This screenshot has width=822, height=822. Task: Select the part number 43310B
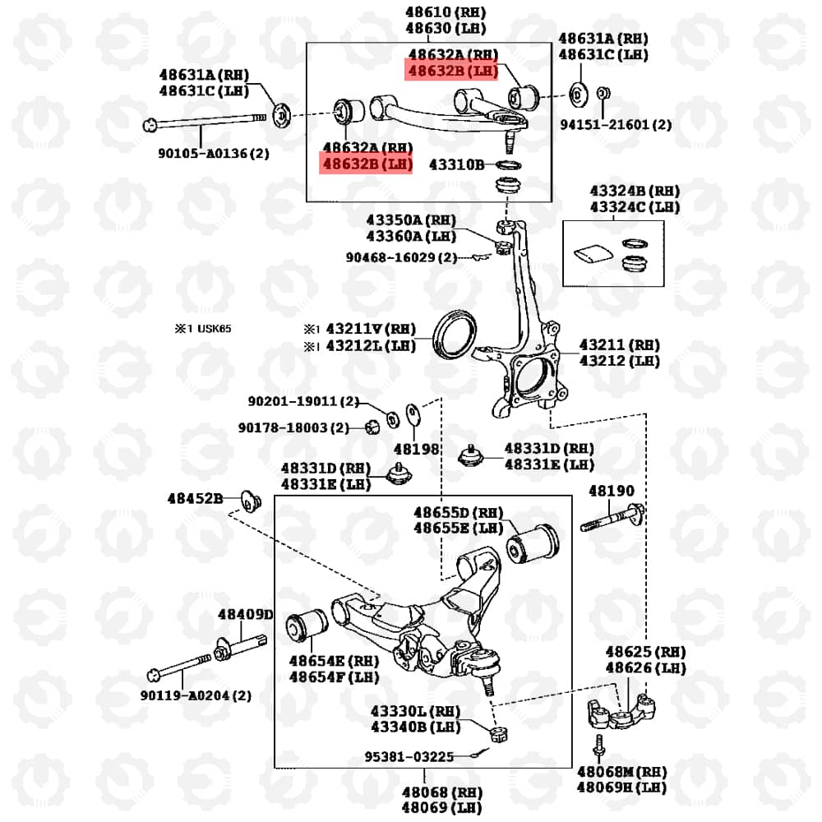tap(456, 164)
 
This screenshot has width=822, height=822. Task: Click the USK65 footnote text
tap(214, 329)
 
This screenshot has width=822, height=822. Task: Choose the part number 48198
tap(416, 450)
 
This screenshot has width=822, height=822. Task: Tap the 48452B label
tap(195, 499)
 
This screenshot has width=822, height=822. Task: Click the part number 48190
tap(612, 491)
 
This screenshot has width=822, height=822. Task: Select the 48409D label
tap(245, 614)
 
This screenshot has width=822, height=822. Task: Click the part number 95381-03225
tap(409, 756)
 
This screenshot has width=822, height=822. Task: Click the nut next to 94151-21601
tap(603, 94)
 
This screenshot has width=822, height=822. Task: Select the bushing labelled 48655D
tap(533, 544)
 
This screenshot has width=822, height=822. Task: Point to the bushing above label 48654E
tap(307, 625)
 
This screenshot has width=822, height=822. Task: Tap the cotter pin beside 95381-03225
tap(479, 753)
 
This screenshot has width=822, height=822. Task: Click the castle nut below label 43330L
tap(500, 734)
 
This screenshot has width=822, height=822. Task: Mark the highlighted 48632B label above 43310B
tap(366, 164)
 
